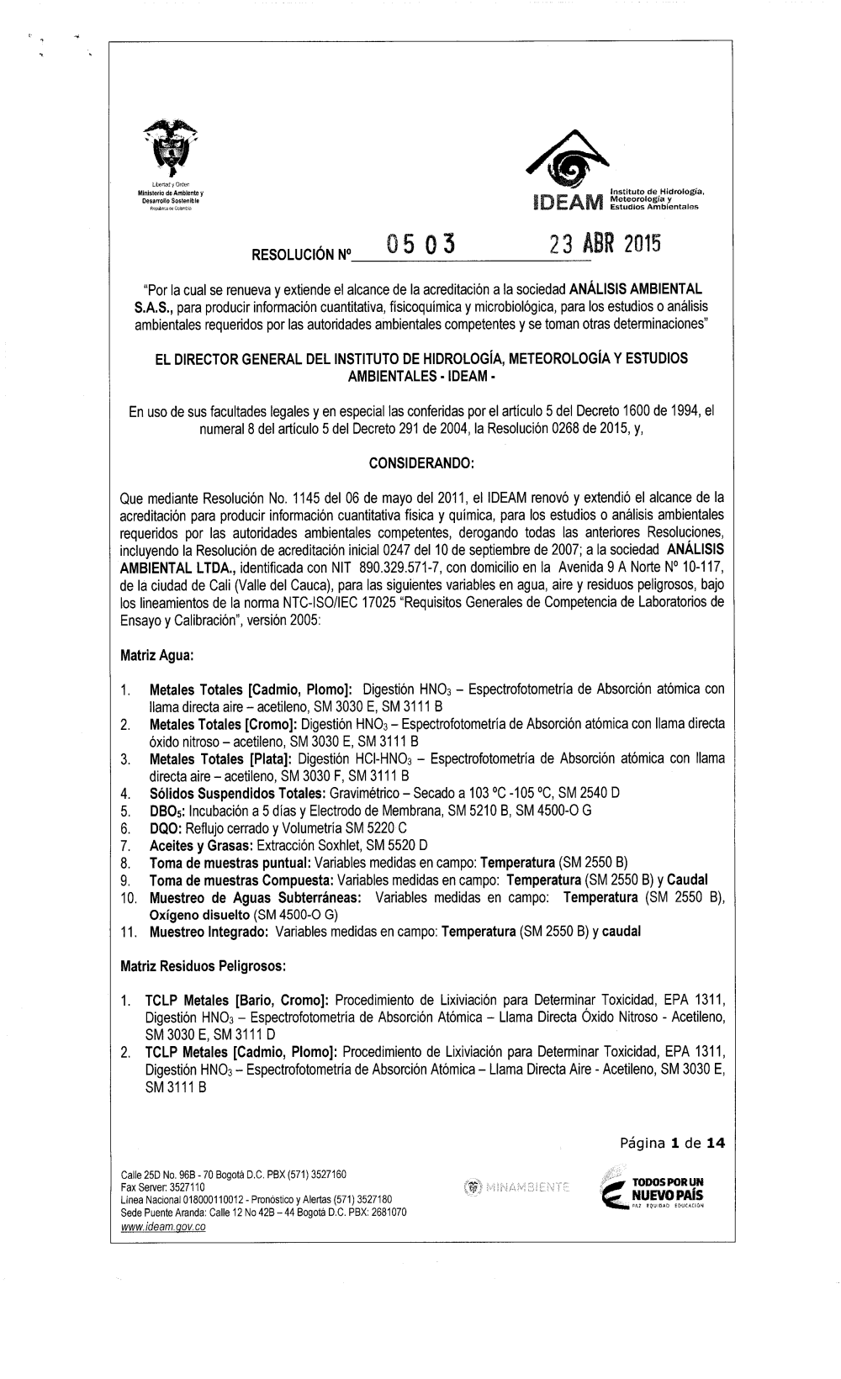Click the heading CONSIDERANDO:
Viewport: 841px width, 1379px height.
[420, 462]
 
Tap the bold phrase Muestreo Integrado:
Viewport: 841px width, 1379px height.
[209, 931]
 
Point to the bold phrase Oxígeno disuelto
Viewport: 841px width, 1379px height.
[198, 914]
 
